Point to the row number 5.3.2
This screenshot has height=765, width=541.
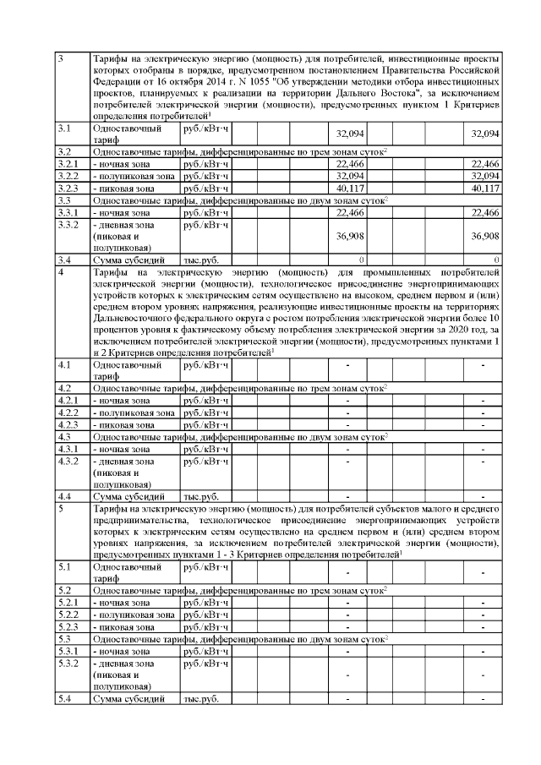click(67, 664)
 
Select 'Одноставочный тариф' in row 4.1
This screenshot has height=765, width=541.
click(128, 371)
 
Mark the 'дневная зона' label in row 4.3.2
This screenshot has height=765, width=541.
click(124, 461)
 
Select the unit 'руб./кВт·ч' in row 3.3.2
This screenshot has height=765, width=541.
click(206, 225)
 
